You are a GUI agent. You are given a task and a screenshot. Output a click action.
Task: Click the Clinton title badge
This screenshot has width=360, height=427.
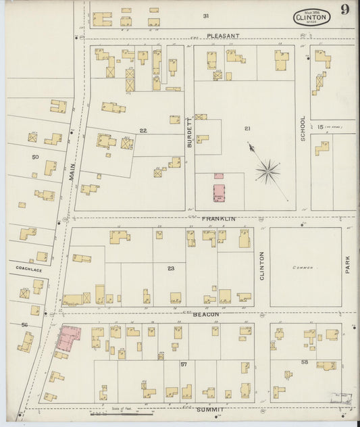311,17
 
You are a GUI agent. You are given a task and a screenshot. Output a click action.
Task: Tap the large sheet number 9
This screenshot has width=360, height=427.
344,9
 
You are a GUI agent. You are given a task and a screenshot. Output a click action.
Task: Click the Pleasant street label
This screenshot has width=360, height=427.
223,35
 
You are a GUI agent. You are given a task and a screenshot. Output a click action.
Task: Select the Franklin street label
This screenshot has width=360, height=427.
218,219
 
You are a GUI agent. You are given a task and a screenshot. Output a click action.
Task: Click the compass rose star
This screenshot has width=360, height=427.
268,171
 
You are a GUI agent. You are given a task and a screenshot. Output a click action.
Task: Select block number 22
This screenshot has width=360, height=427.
143,130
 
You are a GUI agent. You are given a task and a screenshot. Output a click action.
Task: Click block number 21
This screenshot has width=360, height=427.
247,128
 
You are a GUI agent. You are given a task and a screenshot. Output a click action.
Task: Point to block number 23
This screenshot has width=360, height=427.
171,268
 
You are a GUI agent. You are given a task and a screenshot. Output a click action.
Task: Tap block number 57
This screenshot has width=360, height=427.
183,363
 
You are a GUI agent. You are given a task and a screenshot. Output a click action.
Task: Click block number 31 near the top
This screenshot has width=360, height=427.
205,16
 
